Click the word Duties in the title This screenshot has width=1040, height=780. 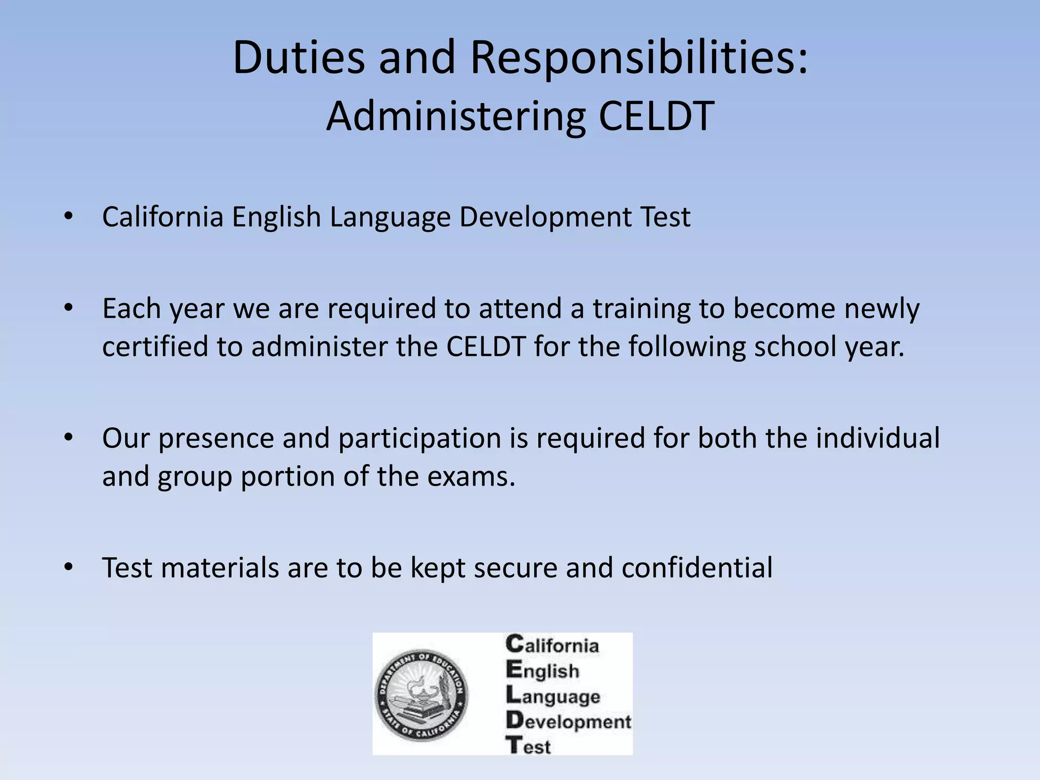point(299,57)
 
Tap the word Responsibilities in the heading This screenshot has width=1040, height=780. point(638,57)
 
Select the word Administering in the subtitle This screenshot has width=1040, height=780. point(456,116)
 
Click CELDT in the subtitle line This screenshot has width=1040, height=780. point(657,116)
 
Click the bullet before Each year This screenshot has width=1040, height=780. point(69,308)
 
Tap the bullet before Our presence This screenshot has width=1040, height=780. point(69,438)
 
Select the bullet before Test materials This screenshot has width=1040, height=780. point(69,568)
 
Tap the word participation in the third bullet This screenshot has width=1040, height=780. point(420,438)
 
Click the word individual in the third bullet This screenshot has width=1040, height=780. point(878,438)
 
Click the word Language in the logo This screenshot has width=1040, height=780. point(553,696)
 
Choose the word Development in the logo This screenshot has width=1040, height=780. point(569,721)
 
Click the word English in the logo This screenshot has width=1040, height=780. point(542,671)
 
